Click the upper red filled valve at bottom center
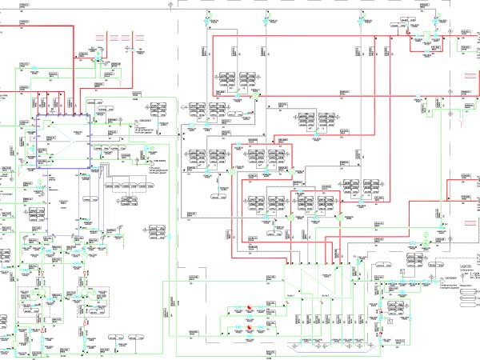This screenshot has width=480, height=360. tap(249, 308)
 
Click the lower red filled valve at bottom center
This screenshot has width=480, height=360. tap(249, 328)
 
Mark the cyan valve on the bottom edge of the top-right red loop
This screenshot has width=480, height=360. tap(436, 54)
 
